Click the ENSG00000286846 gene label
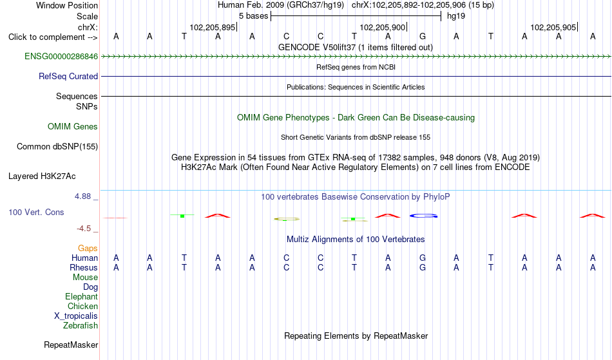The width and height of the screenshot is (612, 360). point(61,57)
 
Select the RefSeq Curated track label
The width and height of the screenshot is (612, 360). point(68,77)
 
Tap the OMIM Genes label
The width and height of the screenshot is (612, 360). point(73,127)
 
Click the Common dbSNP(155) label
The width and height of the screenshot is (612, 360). point(57,147)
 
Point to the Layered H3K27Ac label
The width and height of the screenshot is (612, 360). point(42,176)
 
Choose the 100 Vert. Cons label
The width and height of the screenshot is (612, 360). point(36,212)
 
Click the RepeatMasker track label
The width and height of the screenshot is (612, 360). point(71,345)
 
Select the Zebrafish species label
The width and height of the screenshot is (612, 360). point(81,326)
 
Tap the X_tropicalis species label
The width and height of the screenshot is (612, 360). point(76,316)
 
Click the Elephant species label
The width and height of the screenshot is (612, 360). point(82,297)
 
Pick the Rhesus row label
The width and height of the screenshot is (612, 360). point(84,267)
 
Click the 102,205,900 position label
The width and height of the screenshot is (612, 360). point(383,27)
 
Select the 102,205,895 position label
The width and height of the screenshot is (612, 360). point(213,27)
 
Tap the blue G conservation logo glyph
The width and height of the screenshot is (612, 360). point(423,216)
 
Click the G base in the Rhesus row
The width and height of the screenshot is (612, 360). point(423,267)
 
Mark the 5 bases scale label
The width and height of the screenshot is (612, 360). point(254,16)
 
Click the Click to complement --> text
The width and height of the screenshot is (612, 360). point(53,37)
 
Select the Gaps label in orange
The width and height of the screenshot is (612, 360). point(88,249)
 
